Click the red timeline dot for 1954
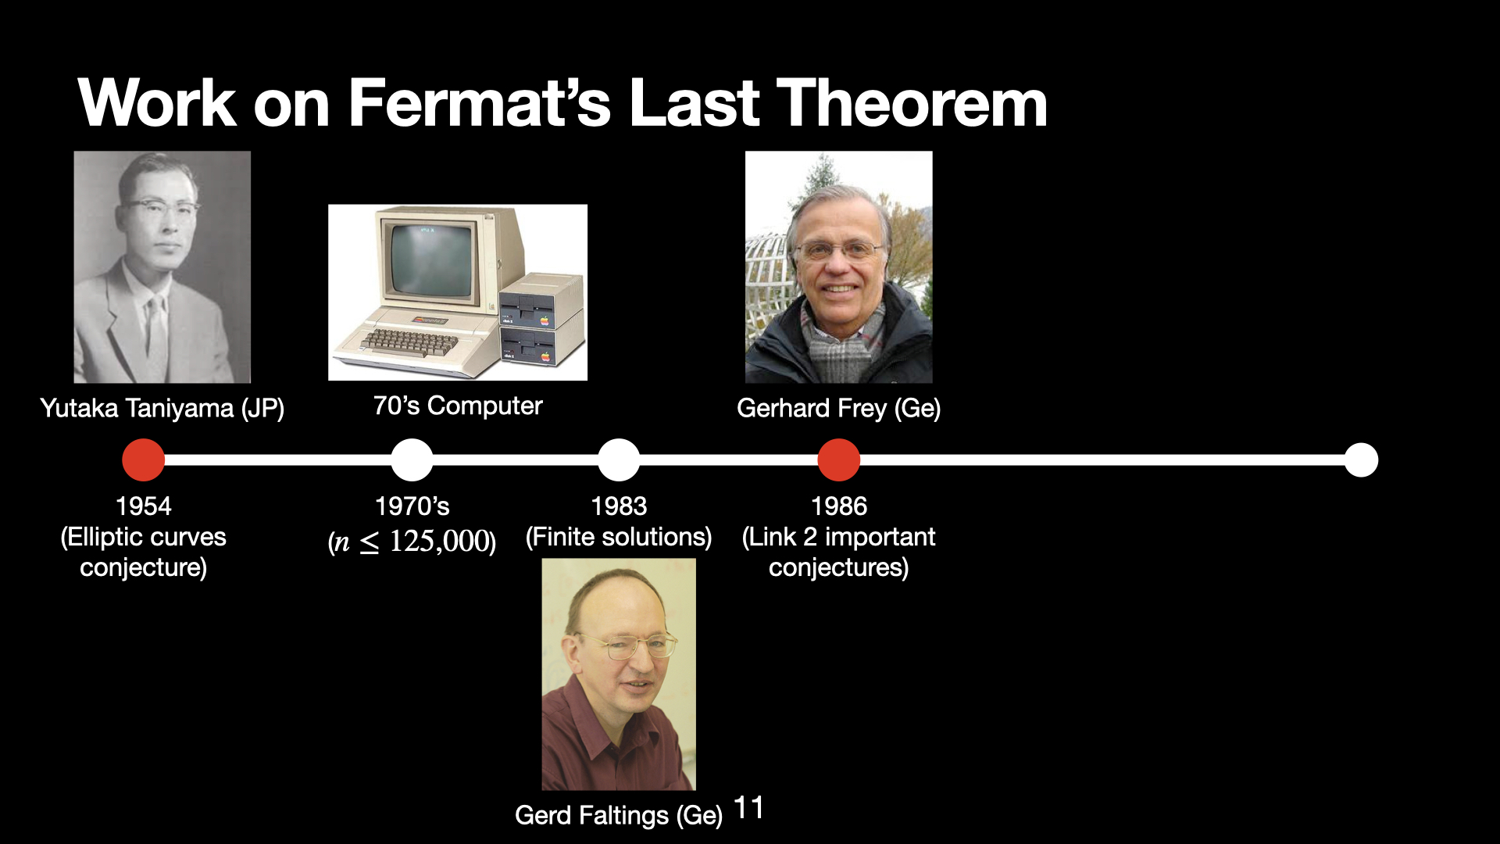click(x=144, y=460)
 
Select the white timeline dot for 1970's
click(x=412, y=460)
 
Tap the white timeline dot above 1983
click(x=619, y=460)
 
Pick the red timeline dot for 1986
click(x=839, y=460)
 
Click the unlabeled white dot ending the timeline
click(x=1362, y=460)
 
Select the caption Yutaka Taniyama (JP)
click(x=162, y=408)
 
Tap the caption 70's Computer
click(x=458, y=406)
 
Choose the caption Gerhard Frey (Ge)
click(x=839, y=408)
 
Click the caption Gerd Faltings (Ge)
click(x=619, y=815)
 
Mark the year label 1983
click(x=619, y=506)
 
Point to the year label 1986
click(x=839, y=506)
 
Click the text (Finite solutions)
click(x=619, y=537)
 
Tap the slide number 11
click(x=748, y=807)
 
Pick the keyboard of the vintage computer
click(x=411, y=342)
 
